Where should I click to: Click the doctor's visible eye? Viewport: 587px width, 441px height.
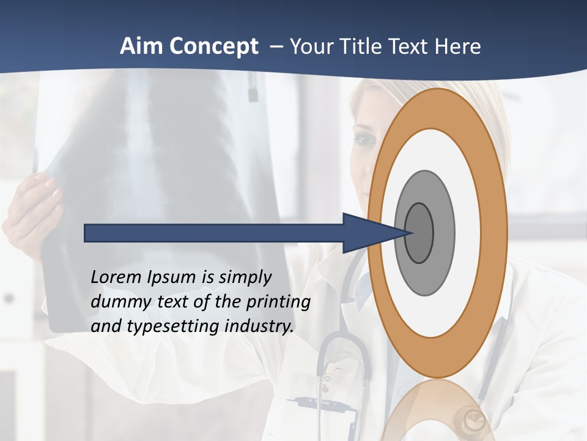coord(365,140)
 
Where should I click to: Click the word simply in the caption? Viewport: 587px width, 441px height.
coord(245,277)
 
